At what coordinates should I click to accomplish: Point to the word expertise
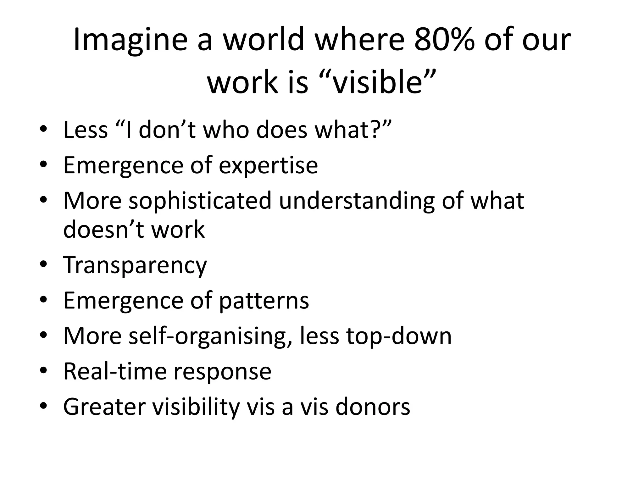268,166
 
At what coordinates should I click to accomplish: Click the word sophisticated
200,201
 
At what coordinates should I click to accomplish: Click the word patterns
264,300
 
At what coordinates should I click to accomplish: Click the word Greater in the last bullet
104,407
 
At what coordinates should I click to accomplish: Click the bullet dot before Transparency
43,264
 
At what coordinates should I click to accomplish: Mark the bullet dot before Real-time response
43,371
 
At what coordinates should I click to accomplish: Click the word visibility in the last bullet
196,407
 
